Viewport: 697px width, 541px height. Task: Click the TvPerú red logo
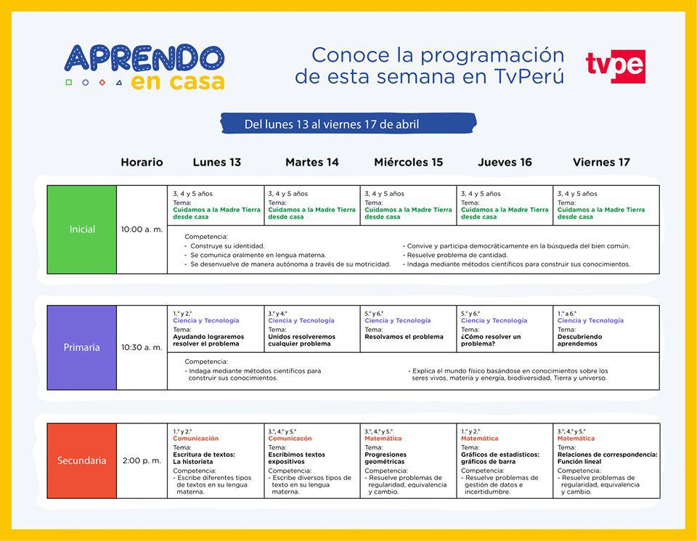click(615, 66)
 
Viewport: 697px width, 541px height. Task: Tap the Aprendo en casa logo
click(144, 67)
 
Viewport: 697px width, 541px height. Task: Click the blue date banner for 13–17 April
click(348, 124)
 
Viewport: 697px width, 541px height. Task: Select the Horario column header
click(142, 162)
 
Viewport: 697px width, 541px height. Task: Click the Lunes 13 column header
click(216, 162)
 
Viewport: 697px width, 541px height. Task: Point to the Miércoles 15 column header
click(408, 162)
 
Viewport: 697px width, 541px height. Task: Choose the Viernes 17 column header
click(601, 162)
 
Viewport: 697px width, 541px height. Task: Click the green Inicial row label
click(82, 229)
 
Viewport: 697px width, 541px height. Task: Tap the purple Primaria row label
click(82, 347)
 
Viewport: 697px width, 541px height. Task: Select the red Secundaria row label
click(82, 460)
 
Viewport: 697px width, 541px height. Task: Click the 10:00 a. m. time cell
click(142, 229)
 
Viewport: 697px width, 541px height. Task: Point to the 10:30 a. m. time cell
click(142, 347)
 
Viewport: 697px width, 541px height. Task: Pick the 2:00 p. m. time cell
click(142, 460)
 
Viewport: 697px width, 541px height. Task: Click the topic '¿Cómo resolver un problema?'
click(491, 341)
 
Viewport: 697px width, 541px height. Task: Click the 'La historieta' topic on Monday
click(193, 461)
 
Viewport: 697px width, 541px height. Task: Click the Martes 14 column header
click(312, 162)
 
